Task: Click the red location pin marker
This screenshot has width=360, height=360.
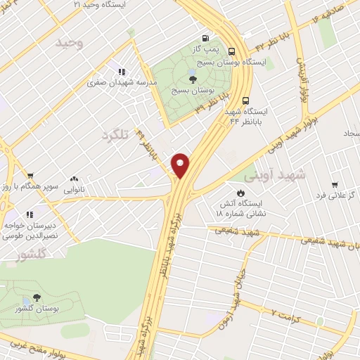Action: [x=181, y=165]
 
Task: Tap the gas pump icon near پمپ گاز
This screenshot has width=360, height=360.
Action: [x=205, y=38]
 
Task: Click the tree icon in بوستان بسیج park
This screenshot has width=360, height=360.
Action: [x=193, y=79]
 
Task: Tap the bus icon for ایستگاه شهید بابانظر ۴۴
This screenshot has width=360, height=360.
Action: [x=245, y=101]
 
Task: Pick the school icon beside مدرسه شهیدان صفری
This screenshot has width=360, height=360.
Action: [x=121, y=71]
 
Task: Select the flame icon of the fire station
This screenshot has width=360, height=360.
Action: [x=240, y=191]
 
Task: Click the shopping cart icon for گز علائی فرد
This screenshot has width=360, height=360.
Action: [x=335, y=184]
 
